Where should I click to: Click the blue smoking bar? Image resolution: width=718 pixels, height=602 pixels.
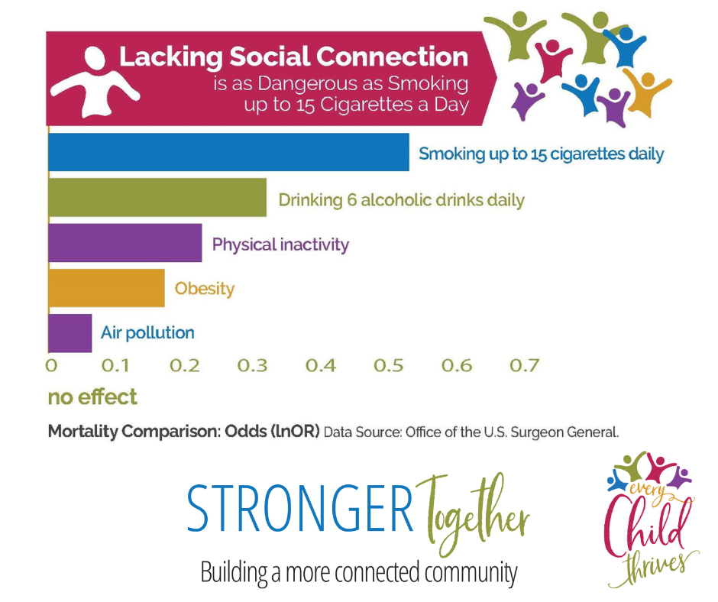tap(228, 152)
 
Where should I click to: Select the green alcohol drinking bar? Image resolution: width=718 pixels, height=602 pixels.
tap(157, 197)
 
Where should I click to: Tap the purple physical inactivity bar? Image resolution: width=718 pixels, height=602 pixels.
tap(125, 243)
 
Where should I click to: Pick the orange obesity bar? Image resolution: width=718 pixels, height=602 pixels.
tap(106, 288)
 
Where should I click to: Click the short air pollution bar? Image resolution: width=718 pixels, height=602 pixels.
tap(70, 333)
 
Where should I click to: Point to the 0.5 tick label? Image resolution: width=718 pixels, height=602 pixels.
tap(388, 366)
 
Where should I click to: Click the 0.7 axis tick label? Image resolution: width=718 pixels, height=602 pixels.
tap(524, 366)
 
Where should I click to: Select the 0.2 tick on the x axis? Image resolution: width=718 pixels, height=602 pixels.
tap(185, 366)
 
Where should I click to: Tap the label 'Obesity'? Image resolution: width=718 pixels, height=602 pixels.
tap(204, 289)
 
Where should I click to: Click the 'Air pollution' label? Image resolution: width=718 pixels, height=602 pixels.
tap(147, 332)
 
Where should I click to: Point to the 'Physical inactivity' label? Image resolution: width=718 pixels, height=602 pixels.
tap(280, 244)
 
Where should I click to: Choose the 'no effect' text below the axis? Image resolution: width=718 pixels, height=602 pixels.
tap(92, 396)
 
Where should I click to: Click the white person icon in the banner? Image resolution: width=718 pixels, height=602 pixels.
tap(94, 81)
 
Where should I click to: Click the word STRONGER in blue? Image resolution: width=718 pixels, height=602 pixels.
tap(300, 509)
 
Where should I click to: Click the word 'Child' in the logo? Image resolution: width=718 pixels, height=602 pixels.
tap(645, 523)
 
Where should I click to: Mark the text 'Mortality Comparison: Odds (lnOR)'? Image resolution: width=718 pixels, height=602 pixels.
tap(183, 432)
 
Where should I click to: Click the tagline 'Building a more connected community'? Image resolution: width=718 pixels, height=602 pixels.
tap(359, 573)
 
